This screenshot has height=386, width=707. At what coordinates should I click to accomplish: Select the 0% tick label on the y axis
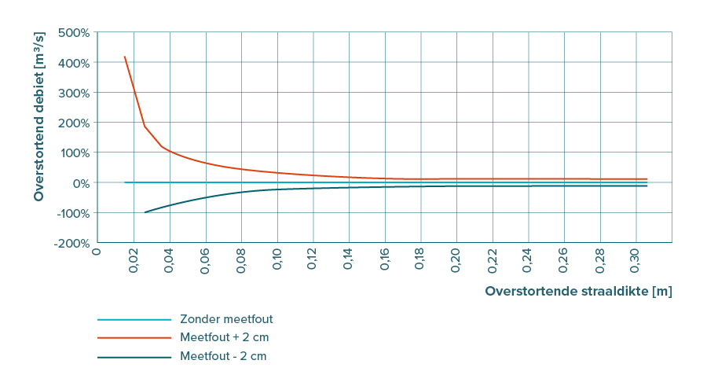pos(81,182)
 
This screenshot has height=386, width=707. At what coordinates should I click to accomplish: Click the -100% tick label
pos(73,213)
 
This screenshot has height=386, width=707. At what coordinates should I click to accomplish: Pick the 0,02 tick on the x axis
pos(134,261)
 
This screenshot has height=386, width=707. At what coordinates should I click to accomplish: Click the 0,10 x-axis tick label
pos(277,261)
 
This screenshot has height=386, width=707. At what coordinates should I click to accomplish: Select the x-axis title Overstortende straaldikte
pos(578,291)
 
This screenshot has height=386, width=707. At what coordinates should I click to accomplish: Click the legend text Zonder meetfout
pos(226,319)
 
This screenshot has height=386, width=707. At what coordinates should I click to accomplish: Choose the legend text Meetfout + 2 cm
pos(225,337)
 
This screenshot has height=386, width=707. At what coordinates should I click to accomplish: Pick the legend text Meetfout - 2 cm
pos(223,356)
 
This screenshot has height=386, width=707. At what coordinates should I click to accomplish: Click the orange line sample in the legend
pos(134,337)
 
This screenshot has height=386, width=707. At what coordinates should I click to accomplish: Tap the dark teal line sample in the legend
pos(134,356)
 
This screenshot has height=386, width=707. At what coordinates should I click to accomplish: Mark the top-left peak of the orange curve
pos(124,57)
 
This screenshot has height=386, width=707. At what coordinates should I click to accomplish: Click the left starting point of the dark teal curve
pos(145,212)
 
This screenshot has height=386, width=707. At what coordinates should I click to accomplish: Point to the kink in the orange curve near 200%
pos(145,126)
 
